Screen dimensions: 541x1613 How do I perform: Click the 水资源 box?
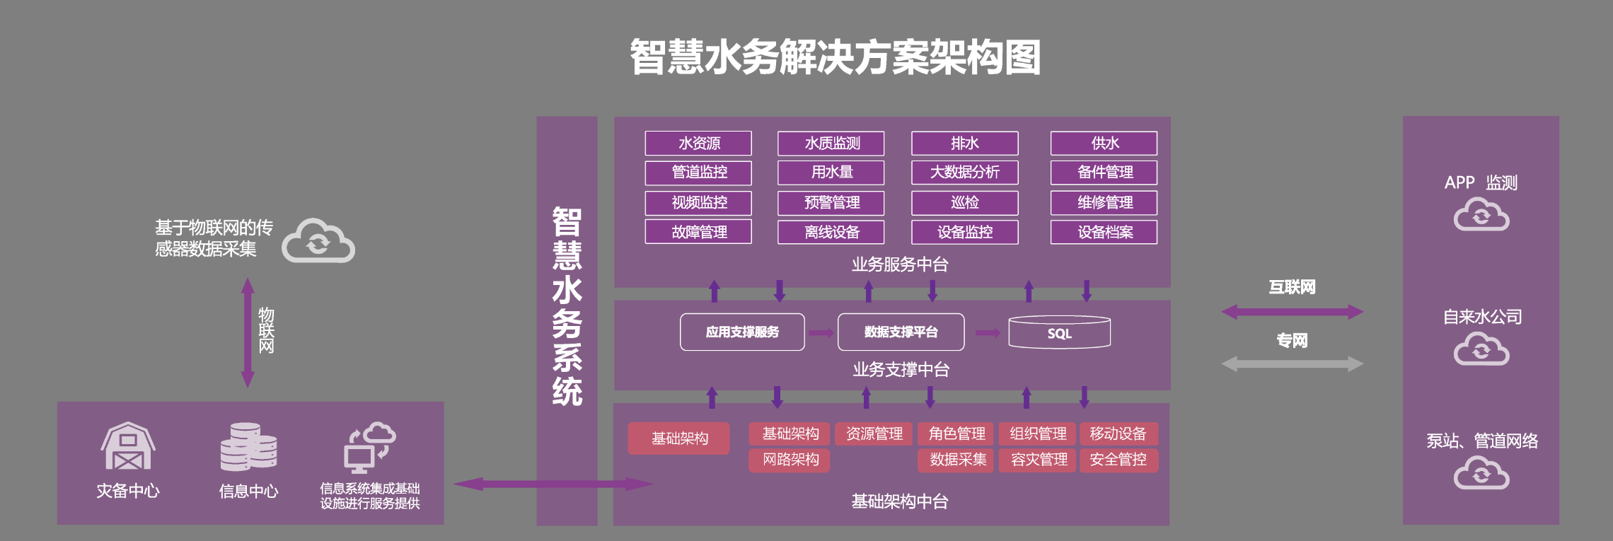coord(698,144)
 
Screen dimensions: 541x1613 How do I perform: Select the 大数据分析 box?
coord(964,173)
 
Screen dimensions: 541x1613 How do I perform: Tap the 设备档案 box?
coord(1104,233)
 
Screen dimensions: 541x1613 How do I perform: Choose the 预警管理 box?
coord(831,203)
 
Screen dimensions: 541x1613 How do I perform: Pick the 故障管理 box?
coord(698,233)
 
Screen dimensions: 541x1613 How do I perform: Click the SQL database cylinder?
coord(1059,332)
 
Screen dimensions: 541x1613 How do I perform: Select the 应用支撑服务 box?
coord(742,332)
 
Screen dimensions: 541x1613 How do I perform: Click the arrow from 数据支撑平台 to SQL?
coord(988,333)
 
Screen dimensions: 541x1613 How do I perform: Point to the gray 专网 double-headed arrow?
coord(1292,364)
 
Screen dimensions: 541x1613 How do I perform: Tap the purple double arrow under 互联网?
coord(1292,312)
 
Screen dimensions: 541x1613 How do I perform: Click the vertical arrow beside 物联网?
coord(248,332)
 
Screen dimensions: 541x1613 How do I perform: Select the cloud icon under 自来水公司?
coord(1481,349)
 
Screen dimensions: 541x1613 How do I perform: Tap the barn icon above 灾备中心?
coord(128,446)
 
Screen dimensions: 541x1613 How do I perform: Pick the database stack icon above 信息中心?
coord(248,447)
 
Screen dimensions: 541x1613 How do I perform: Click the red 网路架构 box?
coord(790,460)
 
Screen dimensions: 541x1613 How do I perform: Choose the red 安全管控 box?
coord(1118,460)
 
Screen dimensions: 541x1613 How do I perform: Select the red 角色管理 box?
coord(956,434)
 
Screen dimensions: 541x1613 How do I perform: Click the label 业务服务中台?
coord(900,265)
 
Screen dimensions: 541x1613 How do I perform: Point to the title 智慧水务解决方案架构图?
coord(836,57)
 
